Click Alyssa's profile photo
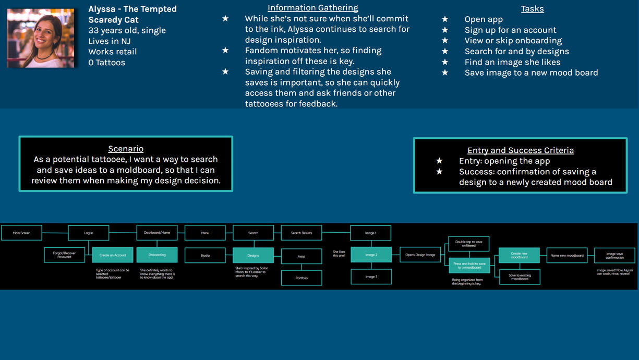(x=41, y=38)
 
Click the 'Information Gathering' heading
(x=312, y=8)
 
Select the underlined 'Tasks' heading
(x=532, y=9)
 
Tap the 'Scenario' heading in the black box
(x=126, y=149)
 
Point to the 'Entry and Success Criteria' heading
(x=520, y=150)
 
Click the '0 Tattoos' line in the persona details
(x=106, y=63)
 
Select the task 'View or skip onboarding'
(x=513, y=41)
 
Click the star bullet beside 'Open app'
(x=445, y=19)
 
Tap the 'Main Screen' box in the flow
(x=21, y=233)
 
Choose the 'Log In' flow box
(x=89, y=233)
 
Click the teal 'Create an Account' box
(x=113, y=255)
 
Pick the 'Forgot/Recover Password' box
(x=64, y=255)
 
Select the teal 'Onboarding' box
(x=157, y=255)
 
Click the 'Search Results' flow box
(x=302, y=233)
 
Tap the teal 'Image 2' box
(x=371, y=255)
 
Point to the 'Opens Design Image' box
(x=420, y=255)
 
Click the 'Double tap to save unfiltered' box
(x=469, y=244)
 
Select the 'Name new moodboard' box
(x=567, y=255)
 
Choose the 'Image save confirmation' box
(x=614, y=255)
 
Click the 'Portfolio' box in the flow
(x=302, y=278)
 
